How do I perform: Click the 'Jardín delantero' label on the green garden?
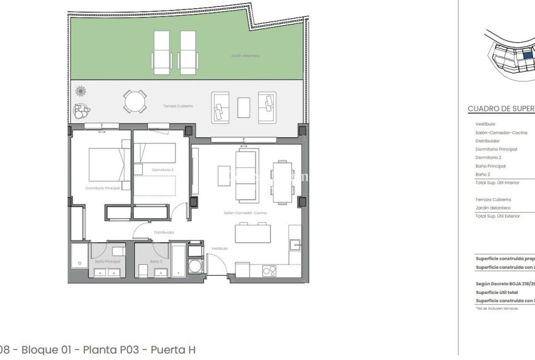pos(245,56)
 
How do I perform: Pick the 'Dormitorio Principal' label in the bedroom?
pos(103,188)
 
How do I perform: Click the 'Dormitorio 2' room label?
pos(162,169)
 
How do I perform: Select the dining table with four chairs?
pos(282,182)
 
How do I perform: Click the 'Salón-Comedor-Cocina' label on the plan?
pos(245,213)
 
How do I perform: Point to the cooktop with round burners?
pos(269,271)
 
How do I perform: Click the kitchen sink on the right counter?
pos(294,245)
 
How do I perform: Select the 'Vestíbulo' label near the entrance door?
pos(220,249)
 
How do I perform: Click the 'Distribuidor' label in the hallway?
pos(164,232)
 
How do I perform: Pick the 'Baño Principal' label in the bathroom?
pos(108,261)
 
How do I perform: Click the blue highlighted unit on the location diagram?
pos(527,55)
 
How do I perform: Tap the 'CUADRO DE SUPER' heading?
pos(501,109)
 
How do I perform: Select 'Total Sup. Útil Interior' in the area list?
pos(498,183)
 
